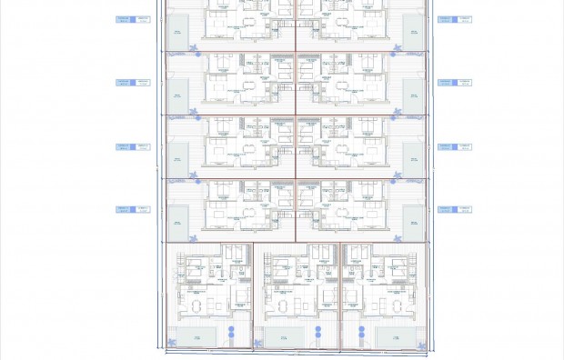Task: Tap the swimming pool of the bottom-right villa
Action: [x=395, y=337]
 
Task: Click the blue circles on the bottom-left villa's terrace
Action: [x=232, y=333]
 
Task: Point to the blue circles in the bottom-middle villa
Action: [x=318, y=333]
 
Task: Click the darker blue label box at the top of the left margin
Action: [x=125, y=19]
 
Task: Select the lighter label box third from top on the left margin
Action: [x=143, y=146]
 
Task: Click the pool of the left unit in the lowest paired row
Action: [x=177, y=220]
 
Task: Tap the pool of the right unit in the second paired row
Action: [x=413, y=93]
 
